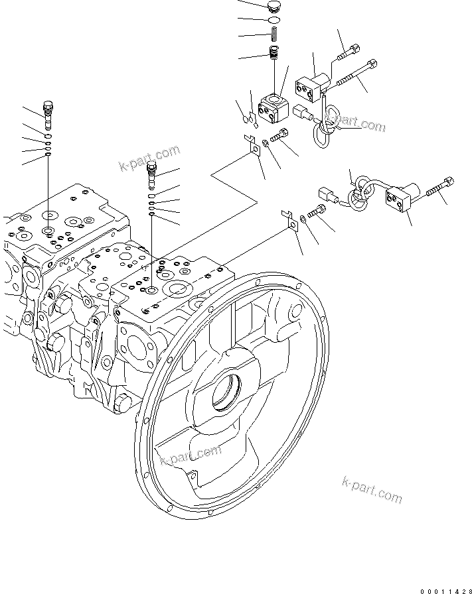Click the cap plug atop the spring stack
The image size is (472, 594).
[273, 8]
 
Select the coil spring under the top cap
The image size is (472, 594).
[273, 34]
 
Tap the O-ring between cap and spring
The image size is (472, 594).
[273, 21]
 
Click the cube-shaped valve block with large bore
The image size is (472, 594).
[272, 107]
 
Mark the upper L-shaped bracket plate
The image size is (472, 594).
[253, 146]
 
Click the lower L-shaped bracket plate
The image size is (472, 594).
[291, 219]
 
